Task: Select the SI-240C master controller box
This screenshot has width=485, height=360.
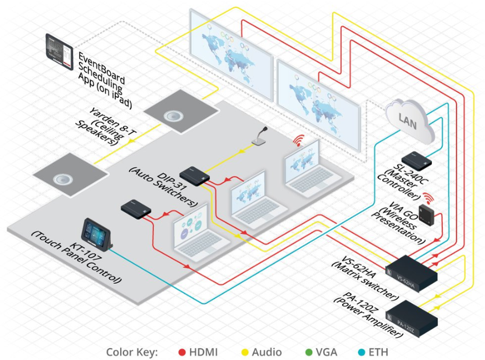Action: pos(416,160)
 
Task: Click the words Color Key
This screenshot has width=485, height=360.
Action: pos(131,352)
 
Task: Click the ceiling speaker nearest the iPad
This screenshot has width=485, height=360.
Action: pos(173,116)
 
